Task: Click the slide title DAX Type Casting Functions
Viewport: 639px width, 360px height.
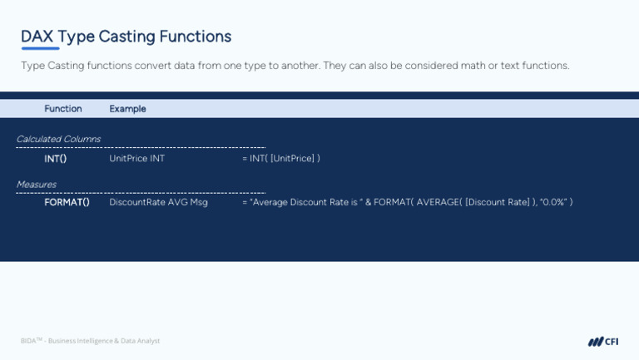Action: (x=126, y=37)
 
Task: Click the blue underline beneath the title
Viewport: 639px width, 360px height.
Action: (x=40, y=49)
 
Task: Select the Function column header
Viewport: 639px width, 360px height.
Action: (x=63, y=109)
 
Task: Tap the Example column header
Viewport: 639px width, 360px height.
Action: (x=127, y=109)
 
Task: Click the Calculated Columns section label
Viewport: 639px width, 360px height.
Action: (x=58, y=139)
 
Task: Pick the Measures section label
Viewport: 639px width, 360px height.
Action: (x=37, y=185)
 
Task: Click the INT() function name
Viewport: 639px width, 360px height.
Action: (x=56, y=159)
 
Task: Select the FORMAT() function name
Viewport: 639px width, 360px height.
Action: (x=67, y=202)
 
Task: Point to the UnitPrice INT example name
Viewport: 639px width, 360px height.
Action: (x=136, y=159)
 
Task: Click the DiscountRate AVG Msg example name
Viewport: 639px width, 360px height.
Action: (x=158, y=202)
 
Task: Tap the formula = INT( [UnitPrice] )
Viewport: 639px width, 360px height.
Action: (x=280, y=159)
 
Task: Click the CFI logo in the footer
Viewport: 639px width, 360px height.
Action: (x=603, y=341)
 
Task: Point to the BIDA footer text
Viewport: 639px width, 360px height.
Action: (x=90, y=341)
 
